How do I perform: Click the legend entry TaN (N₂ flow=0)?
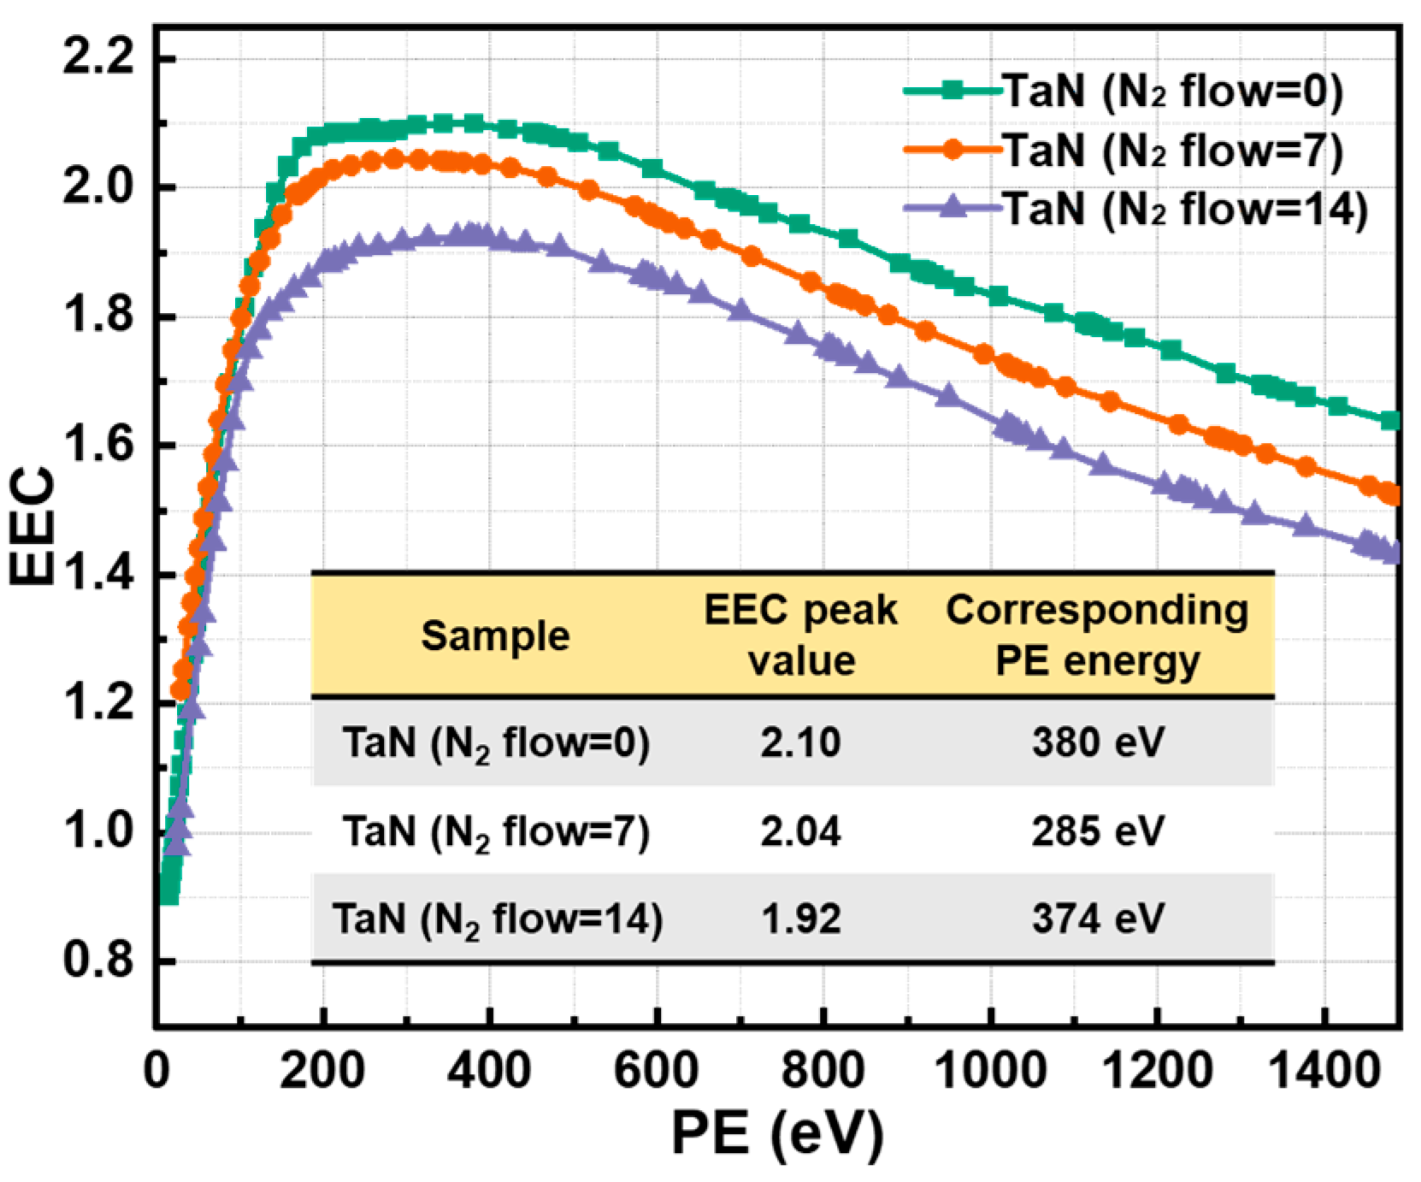click(1171, 91)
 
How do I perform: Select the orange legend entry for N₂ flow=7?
click(1171, 151)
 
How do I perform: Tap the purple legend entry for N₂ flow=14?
click(1183, 210)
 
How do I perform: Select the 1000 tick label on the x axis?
click(990, 1071)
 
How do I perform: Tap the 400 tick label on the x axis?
click(489, 1071)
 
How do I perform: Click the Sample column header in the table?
click(495, 635)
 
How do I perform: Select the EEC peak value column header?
click(800, 635)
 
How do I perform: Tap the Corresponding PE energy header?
click(1097, 635)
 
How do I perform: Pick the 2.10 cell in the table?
click(800, 742)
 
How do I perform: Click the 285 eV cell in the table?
click(1097, 830)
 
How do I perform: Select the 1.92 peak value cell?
click(800, 919)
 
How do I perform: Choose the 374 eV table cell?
click(1097, 919)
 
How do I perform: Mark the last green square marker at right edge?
click(1391, 420)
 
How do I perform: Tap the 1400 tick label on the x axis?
click(1324, 1071)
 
